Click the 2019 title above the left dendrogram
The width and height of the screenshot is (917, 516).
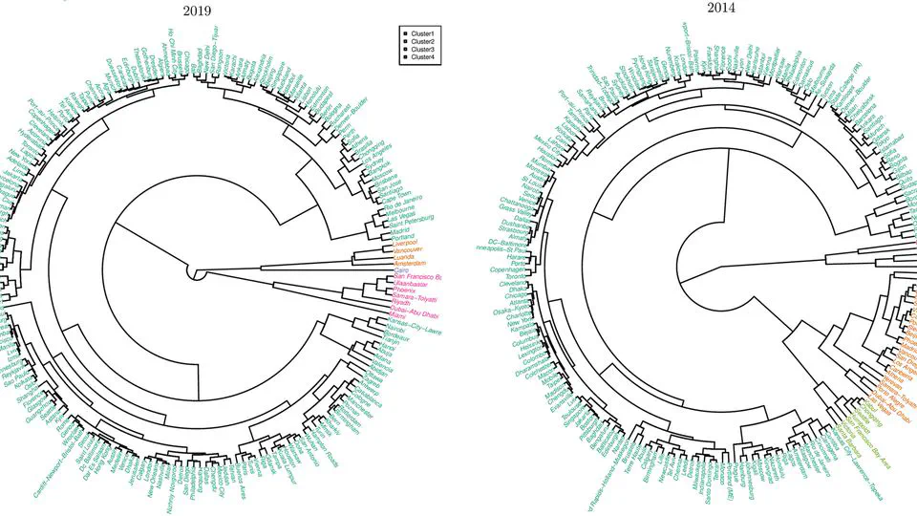198,11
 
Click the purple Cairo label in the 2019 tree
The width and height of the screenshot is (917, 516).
403,270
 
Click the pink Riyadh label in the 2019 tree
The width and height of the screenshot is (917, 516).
406,303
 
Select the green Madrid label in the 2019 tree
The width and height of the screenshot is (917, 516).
403,230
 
